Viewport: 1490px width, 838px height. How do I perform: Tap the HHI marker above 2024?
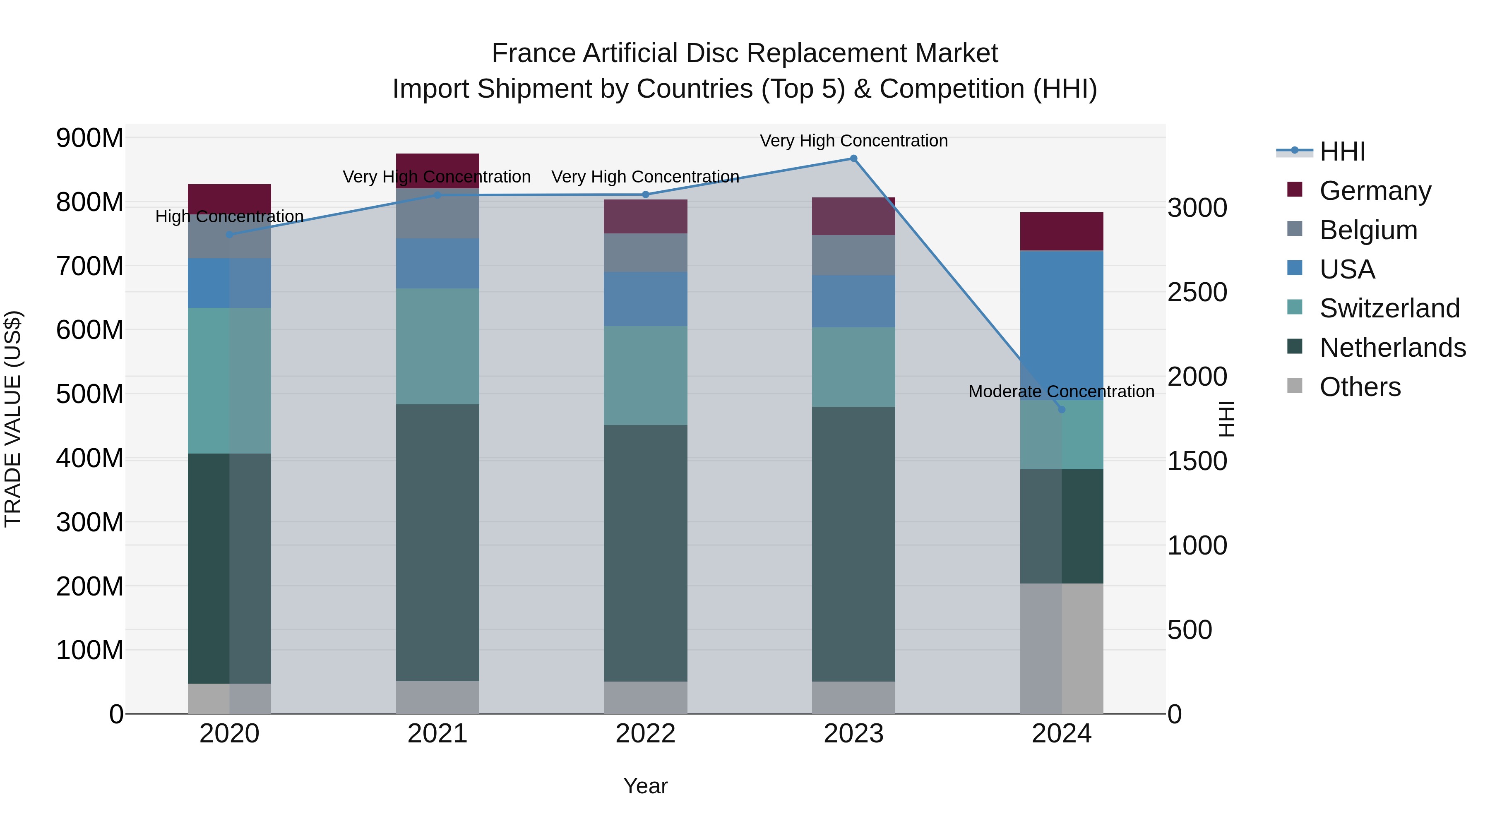click(1061, 409)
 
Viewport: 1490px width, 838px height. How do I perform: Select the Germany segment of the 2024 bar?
click(1061, 231)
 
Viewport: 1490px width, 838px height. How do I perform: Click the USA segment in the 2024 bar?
click(1061, 324)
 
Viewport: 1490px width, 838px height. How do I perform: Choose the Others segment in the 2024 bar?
click(1061, 648)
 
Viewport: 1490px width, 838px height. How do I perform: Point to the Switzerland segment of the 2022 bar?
click(646, 376)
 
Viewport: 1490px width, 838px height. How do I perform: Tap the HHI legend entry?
click(1342, 151)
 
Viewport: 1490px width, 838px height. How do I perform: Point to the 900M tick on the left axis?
click(90, 138)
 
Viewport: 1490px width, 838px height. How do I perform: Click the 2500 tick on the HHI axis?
click(1197, 292)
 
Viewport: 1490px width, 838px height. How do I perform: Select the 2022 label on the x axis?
click(646, 734)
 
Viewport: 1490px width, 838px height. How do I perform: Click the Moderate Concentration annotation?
click(1061, 391)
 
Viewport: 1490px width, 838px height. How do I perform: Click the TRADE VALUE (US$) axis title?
click(13, 419)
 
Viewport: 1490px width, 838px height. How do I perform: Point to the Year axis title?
click(646, 786)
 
